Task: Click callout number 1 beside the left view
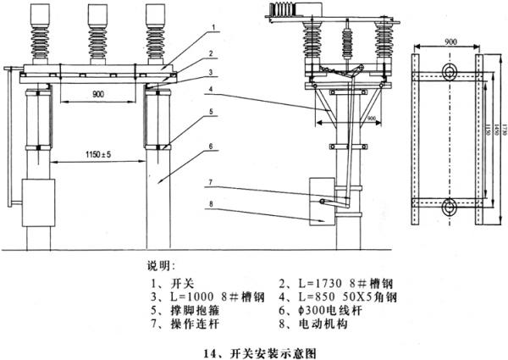point(216,26)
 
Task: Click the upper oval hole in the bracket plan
point(448,69)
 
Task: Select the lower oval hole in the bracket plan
point(448,203)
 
